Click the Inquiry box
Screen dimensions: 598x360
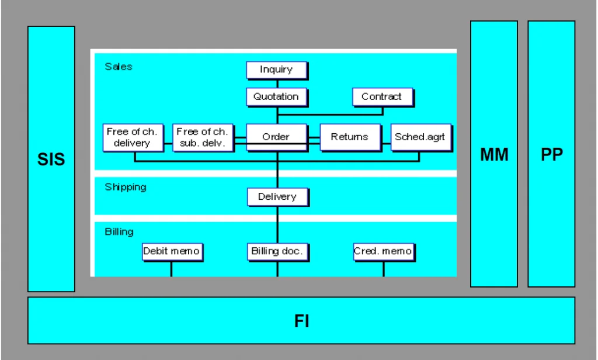click(277, 70)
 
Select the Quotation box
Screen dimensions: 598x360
click(277, 97)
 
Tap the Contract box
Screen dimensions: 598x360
click(383, 97)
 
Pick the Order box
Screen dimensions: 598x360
click(277, 137)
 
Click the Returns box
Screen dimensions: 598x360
click(350, 137)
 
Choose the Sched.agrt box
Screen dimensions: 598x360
click(422, 137)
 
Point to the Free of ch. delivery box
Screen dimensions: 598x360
click(133, 137)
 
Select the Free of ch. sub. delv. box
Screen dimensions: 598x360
click(203, 137)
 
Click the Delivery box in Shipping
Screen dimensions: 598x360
click(277, 197)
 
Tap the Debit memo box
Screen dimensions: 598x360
click(172, 252)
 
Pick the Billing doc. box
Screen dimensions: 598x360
click(277, 252)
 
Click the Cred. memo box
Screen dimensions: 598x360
click(384, 252)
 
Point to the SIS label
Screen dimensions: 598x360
click(51, 159)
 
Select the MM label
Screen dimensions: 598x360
click(494, 155)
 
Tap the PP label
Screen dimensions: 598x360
click(552, 155)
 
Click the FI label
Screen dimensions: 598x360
click(302, 321)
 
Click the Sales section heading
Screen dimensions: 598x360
click(119, 67)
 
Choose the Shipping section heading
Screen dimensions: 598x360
click(126, 187)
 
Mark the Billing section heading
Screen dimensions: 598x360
click(119, 232)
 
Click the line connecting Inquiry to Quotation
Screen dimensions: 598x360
click(277, 84)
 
